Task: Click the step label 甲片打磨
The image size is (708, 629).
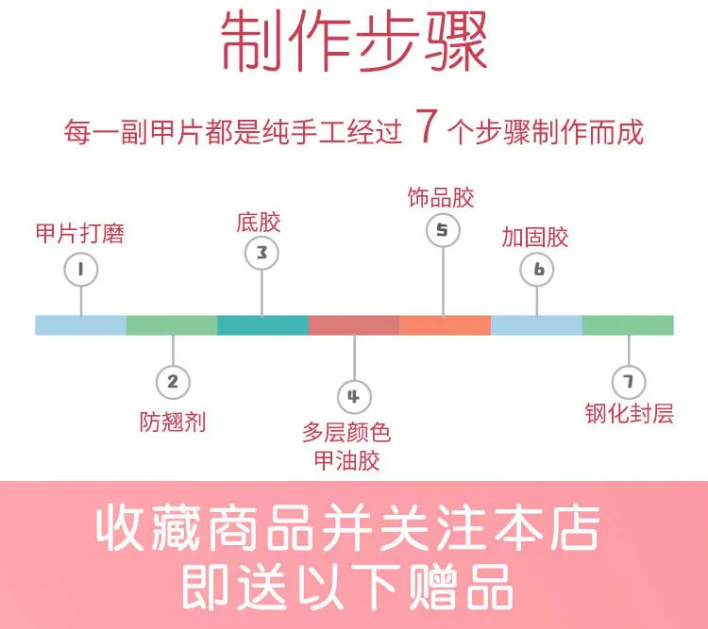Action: click(80, 232)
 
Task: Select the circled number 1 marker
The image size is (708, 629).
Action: click(81, 271)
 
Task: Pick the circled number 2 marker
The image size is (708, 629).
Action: click(173, 382)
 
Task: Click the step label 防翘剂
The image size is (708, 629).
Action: click(173, 421)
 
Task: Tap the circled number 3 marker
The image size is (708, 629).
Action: click(261, 253)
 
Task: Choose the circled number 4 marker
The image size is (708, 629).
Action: click(354, 397)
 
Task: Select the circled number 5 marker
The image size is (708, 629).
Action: click(443, 230)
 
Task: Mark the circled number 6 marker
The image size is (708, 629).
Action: click(538, 271)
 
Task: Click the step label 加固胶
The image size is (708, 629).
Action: click(535, 237)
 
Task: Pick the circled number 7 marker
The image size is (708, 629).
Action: click(628, 382)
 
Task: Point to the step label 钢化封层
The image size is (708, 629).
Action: click(630, 414)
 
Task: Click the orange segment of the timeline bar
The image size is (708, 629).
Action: click(445, 325)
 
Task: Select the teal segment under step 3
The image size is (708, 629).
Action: click(262, 325)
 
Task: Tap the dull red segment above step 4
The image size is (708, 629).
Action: click(354, 325)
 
